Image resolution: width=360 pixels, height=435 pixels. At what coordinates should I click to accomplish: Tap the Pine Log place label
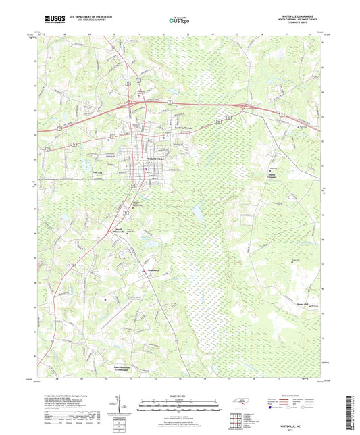[97, 172]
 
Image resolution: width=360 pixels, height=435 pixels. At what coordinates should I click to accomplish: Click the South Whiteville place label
[115, 231]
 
